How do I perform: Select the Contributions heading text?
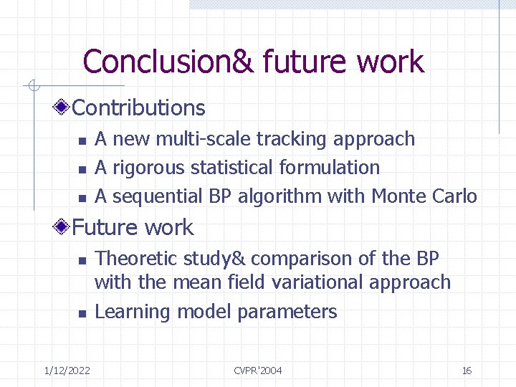point(139,108)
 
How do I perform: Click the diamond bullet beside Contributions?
point(64,108)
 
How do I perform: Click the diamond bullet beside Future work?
point(64,228)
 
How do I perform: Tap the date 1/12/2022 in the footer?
point(67,371)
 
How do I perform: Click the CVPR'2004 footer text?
point(258,371)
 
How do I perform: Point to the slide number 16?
point(467,371)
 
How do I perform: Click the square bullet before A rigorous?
point(82,169)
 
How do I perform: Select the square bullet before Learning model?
point(82,313)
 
